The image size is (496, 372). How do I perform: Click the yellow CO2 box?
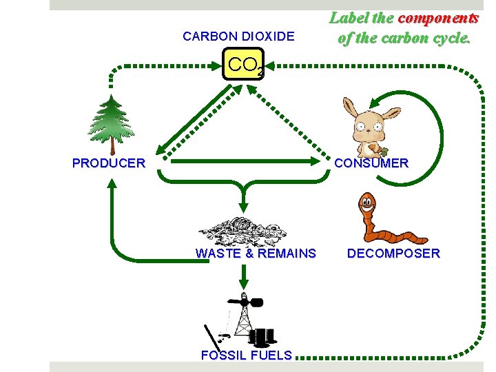[x=244, y=65]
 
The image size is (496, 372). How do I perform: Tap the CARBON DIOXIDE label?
[x=238, y=37]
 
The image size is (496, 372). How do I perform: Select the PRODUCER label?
[x=109, y=163]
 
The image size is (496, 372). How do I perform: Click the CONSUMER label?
[x=371, y=163]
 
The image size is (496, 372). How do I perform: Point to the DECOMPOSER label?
[x=393, y=254]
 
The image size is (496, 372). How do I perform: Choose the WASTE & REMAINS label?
[x=256, y=254]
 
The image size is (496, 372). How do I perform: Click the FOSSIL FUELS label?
[x=246, y=355]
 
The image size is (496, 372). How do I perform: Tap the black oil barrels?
[x=262, y=336]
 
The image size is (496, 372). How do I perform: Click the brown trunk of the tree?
[x=112, y=145]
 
